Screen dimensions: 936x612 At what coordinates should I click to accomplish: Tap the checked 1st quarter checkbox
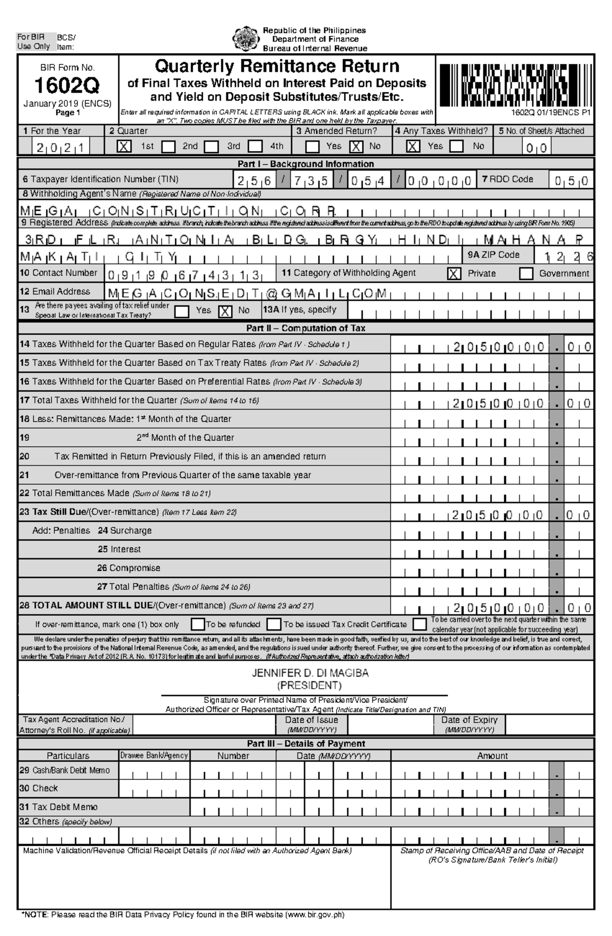click(123, 146)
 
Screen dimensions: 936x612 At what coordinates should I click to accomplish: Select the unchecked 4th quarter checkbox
click(256, 146)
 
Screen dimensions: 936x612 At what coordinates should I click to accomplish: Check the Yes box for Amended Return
click(312, 146)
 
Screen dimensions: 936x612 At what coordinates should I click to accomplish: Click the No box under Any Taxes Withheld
click(456, 146)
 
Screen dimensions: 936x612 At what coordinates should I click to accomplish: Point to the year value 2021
click(61, 148)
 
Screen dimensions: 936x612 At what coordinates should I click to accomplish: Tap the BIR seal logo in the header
click(245, 39)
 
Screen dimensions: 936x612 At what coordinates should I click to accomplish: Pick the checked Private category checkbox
click(453, 274)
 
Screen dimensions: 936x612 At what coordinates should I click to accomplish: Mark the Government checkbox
click(526, 274)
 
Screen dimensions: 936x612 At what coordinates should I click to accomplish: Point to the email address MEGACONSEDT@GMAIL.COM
click(247, 294)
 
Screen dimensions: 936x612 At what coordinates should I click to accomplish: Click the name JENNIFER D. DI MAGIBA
click(310, 673)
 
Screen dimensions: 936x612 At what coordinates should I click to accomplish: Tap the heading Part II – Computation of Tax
click(305, 328)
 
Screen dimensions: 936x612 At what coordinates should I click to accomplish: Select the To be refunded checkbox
click(198, 624)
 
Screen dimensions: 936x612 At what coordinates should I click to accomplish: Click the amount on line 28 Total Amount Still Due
click(520, 608)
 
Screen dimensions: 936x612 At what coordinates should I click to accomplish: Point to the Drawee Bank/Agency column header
click(154, 755)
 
